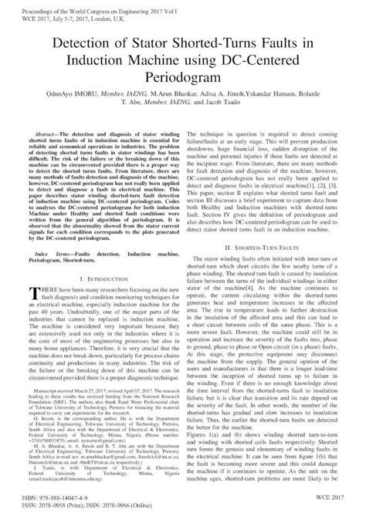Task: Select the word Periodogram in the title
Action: (x=184, y=78)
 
